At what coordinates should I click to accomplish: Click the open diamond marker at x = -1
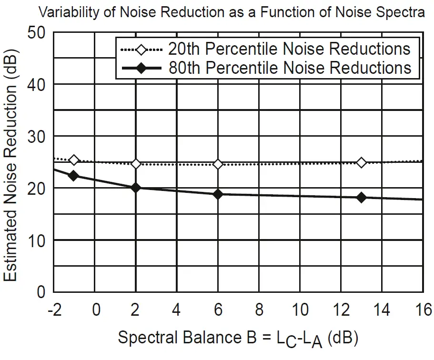point(74,160)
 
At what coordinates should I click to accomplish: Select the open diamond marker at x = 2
point(136,164)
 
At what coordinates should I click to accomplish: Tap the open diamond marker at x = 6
point(218,164)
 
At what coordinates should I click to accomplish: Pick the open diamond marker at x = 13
point(362,163)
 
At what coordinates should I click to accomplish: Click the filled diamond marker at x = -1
point(74,176)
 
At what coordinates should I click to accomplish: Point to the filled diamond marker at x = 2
point(136,188)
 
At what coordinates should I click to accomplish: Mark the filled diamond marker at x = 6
point(218,194)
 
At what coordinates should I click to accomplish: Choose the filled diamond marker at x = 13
point(362,197)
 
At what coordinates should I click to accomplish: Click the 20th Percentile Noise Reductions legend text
point(289,49)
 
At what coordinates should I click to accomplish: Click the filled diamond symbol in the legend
point(141,69)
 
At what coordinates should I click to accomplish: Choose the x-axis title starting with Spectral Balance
point(238,339)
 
